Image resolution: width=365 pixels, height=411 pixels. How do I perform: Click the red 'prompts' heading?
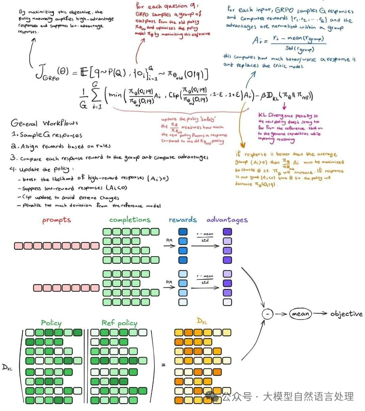click(56, 220)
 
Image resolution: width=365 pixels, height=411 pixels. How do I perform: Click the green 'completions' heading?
click(130, 220)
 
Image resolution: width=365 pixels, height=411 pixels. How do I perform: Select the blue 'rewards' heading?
click(182, 220)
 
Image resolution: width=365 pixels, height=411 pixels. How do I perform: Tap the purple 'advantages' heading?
click(227, 220)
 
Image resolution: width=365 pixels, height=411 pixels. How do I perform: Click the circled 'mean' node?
click(300, 314)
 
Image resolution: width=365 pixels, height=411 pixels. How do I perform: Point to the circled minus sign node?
click(268, 314)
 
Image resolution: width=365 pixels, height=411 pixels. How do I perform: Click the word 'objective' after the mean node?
click(346, 314)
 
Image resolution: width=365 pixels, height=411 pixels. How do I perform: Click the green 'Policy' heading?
click(51, 323)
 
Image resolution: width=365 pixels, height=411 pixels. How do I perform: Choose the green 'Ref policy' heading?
click(119, 323)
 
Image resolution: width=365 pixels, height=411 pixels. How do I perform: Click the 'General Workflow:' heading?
click(44, 123)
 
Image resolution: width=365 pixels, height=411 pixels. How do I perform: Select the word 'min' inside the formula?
click(115, 95)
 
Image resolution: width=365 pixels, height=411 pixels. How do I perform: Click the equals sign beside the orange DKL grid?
click(164, 365)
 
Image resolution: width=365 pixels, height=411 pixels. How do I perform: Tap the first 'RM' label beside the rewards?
click(169, 240)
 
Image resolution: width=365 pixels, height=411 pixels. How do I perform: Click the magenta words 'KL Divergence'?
click(275, 116)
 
